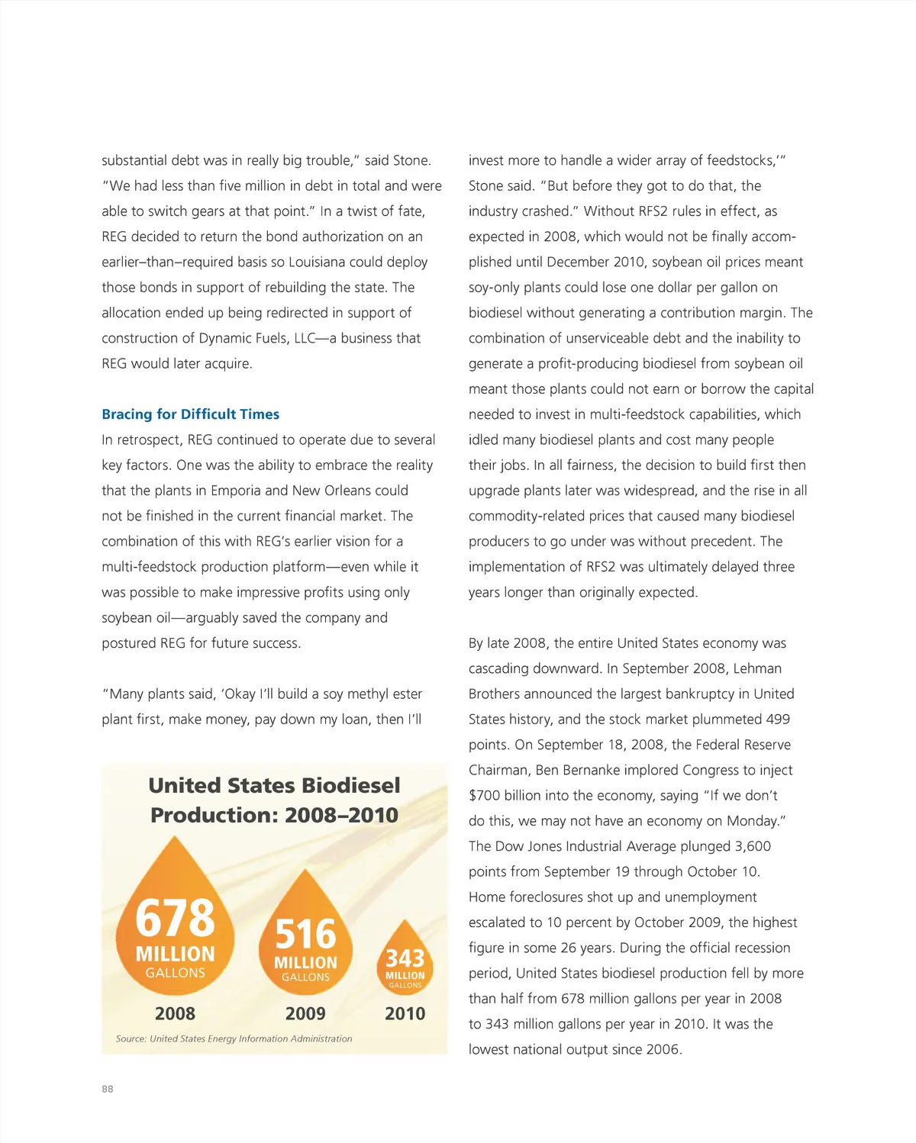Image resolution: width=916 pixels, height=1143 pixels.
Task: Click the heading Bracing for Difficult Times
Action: (x=190, y=414)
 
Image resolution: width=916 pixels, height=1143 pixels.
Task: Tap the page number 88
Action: (x=108, y=1089)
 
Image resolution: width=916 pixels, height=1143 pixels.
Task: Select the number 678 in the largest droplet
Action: (x=175, y=918)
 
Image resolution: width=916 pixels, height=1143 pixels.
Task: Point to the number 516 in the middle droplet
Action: (x=305, y=934)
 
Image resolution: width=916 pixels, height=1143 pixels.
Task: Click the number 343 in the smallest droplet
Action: (x=405, y=958)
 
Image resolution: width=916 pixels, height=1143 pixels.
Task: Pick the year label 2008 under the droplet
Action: (x=175, y=1014)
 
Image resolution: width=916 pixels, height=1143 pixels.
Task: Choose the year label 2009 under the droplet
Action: (x=305, y=1014)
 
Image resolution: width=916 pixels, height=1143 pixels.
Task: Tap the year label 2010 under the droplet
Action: (x=405, y=1014)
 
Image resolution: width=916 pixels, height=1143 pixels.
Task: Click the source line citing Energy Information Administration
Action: (x=234, y=1038)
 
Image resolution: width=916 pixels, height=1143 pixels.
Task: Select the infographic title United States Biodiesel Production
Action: (x=274, y=800)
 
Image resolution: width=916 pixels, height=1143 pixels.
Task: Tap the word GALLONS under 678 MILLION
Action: (x=175, y=973)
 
